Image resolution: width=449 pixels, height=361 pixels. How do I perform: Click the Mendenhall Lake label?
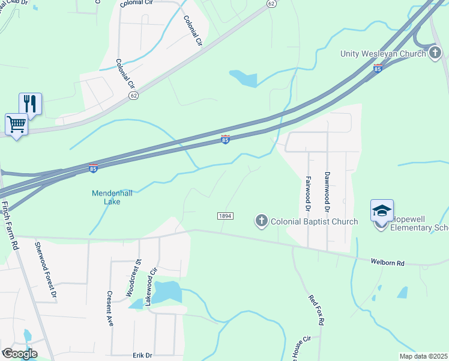click(106, 197)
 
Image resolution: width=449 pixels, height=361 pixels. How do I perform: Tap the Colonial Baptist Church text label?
click(314, 221)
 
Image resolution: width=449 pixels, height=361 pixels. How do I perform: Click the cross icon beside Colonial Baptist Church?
click(261, 221)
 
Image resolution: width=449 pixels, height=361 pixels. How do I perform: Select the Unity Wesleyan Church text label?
click(383, 54)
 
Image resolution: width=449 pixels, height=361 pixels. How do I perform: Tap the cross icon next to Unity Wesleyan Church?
click(435, 54)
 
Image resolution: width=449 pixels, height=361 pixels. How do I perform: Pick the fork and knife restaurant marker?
click(30, 104)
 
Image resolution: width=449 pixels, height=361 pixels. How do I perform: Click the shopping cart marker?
click(16, 125)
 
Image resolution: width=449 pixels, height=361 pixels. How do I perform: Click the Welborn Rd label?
click(388, 262)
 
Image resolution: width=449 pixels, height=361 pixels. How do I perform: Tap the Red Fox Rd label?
click(316, 310)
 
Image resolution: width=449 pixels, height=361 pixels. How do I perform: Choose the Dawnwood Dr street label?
click(328, 191)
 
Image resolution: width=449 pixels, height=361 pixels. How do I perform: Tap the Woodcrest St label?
click(133, 277)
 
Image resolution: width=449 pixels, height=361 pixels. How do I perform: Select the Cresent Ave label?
click(110, 309)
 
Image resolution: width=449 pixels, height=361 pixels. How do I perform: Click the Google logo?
click(19, 354)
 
